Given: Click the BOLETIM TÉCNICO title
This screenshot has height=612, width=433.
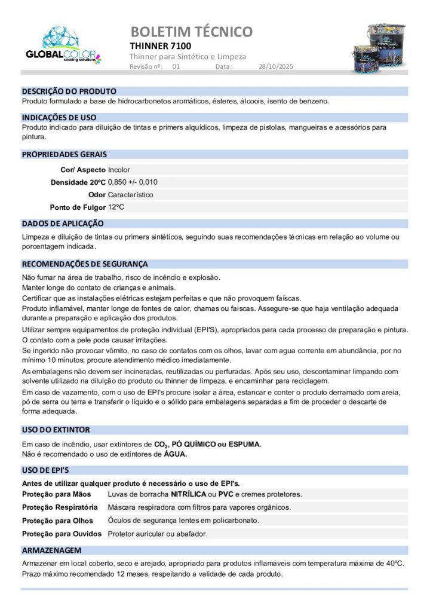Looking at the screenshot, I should point(191,31).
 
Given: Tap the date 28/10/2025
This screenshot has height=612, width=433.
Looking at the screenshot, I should point(276,66).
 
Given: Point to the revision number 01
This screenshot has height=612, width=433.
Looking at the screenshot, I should point(176,66).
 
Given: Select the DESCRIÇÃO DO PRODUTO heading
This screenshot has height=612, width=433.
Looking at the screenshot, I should point(69,91).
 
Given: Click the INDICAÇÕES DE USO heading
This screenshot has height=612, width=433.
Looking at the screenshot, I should point(59,118).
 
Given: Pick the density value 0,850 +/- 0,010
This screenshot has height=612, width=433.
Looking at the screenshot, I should point(133,182).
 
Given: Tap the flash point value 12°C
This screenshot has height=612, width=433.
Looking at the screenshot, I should point(116,207).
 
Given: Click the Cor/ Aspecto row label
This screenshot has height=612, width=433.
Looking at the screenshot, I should point(83,170).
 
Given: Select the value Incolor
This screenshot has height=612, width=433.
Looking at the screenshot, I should point(119,170).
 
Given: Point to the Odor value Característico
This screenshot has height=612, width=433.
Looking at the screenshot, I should point(130,195).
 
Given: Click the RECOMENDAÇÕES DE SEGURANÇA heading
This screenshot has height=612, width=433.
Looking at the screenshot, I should point(85,264).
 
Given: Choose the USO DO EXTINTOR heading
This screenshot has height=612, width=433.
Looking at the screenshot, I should point(56,430).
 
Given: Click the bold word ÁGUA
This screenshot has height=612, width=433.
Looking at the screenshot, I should point(176,454).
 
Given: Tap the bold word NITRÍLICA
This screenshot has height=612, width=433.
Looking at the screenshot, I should point(189,494).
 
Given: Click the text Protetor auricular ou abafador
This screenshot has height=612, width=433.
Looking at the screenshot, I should point(158,534).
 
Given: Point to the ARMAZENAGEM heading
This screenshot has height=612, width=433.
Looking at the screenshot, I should point(52,550).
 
